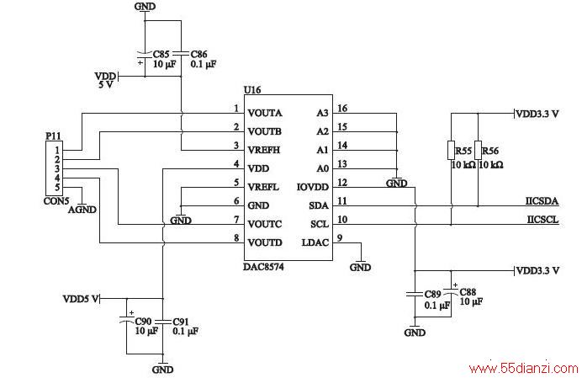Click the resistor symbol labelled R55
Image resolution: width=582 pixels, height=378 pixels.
[452, 151]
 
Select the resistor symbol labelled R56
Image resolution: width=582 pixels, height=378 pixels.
[478, 151]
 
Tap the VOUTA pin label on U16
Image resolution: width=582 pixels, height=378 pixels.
[265, 113]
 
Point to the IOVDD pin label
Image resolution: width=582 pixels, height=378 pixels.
[313, 187]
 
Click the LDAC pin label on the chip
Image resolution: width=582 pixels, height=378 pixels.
[315, 242]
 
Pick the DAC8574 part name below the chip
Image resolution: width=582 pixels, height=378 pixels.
[263, 267]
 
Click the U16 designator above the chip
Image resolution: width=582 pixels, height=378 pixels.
[252, 89]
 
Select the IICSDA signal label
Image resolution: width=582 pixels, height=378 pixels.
[542, 201]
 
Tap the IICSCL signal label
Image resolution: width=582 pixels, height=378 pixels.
[542, 220]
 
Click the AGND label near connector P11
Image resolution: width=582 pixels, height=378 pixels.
[82, 210]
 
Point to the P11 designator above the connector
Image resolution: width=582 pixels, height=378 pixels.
[53, 136]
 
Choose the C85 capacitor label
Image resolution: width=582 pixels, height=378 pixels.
[161, 54]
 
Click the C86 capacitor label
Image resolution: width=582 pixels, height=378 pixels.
[199, 54]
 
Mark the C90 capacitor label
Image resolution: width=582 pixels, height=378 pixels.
[143, 321]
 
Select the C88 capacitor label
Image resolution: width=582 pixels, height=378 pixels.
[468, 292]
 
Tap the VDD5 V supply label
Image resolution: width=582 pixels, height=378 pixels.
[81, 299]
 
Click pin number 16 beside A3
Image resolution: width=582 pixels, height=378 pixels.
[342, 108]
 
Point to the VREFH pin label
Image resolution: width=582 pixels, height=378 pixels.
[264, 150]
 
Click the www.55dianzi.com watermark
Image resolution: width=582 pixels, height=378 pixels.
[524, 369]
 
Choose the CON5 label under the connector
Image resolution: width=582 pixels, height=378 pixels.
[56, 201]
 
